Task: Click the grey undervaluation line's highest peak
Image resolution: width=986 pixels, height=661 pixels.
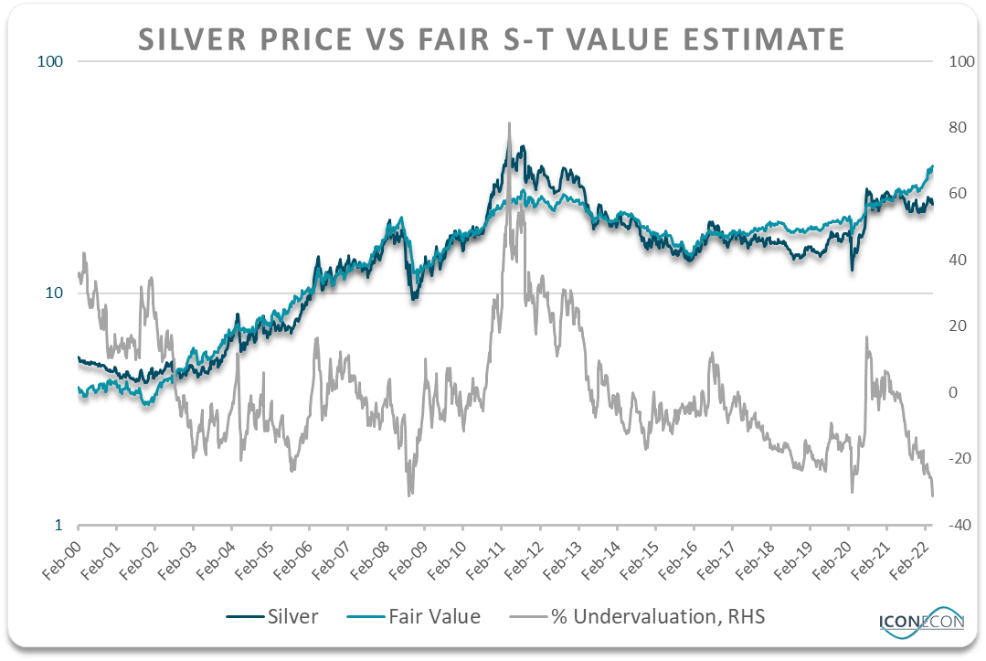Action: [508, 123]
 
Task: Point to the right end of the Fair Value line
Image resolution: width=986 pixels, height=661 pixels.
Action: [932, 165]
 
